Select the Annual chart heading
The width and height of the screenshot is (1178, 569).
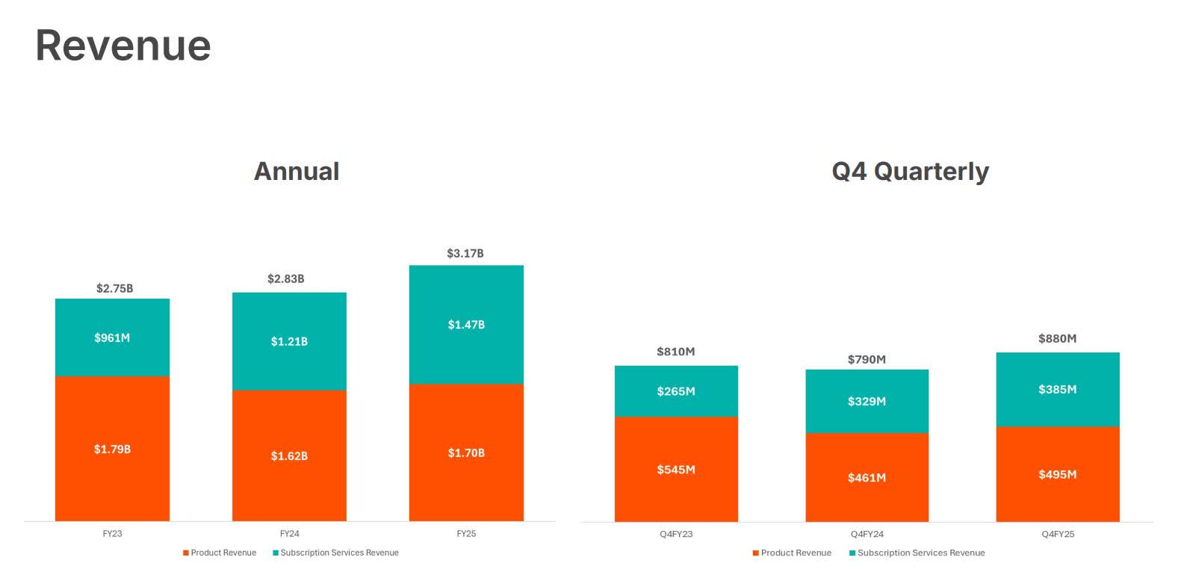pyautogui.click(x=297, y=171)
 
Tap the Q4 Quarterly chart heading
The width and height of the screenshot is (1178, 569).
pyautogui.click(x=910, y=171)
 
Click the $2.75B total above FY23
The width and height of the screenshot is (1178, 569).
pyautogui.click(x=115, y=288)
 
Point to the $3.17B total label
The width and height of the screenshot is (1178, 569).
pyautogui.click(x=465, y=254)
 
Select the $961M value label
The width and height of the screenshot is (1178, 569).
pyautogui.click(x=112, y=338)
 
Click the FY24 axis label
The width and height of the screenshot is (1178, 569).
pyautogui.click(x=289, y=534)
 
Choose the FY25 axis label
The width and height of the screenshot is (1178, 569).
pyautogui.click(x=466, y=534)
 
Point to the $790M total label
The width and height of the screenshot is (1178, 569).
pyautogui.click(x=867, y=360)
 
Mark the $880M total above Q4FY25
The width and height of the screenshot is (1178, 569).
pyautogui.click(x=1058, y=339)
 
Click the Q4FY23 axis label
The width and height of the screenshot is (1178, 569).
pyautogui.click(x=676, y=534)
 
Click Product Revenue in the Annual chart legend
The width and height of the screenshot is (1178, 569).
pyautogui.click(x=223, y=553)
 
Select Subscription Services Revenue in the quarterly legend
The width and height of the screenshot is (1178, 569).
pyautogui.click(x=920, y=553)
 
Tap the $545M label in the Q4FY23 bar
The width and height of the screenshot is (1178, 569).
pyautogui.click(x=676, y=470)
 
